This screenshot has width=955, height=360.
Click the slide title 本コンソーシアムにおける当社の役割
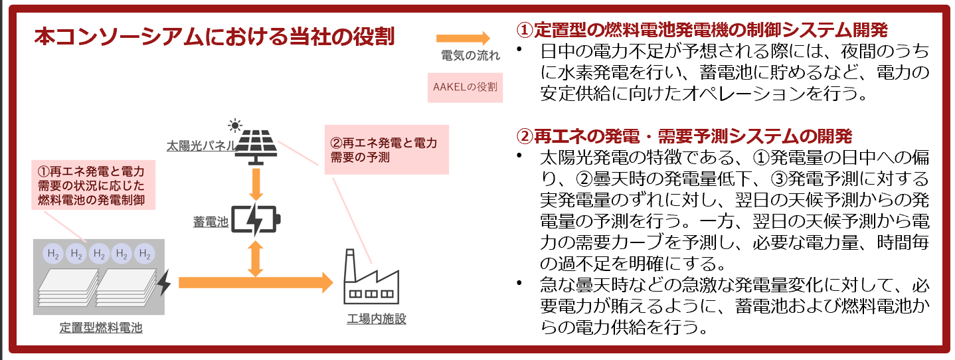coord(214,37)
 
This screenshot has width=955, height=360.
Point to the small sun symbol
coord(233,124)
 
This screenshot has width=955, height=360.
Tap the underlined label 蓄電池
coord(211,223)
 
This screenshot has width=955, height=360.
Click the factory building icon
coord(371,279)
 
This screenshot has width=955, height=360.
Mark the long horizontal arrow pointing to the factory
coord(256,282)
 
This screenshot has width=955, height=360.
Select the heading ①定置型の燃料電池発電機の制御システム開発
coord(702,30)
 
